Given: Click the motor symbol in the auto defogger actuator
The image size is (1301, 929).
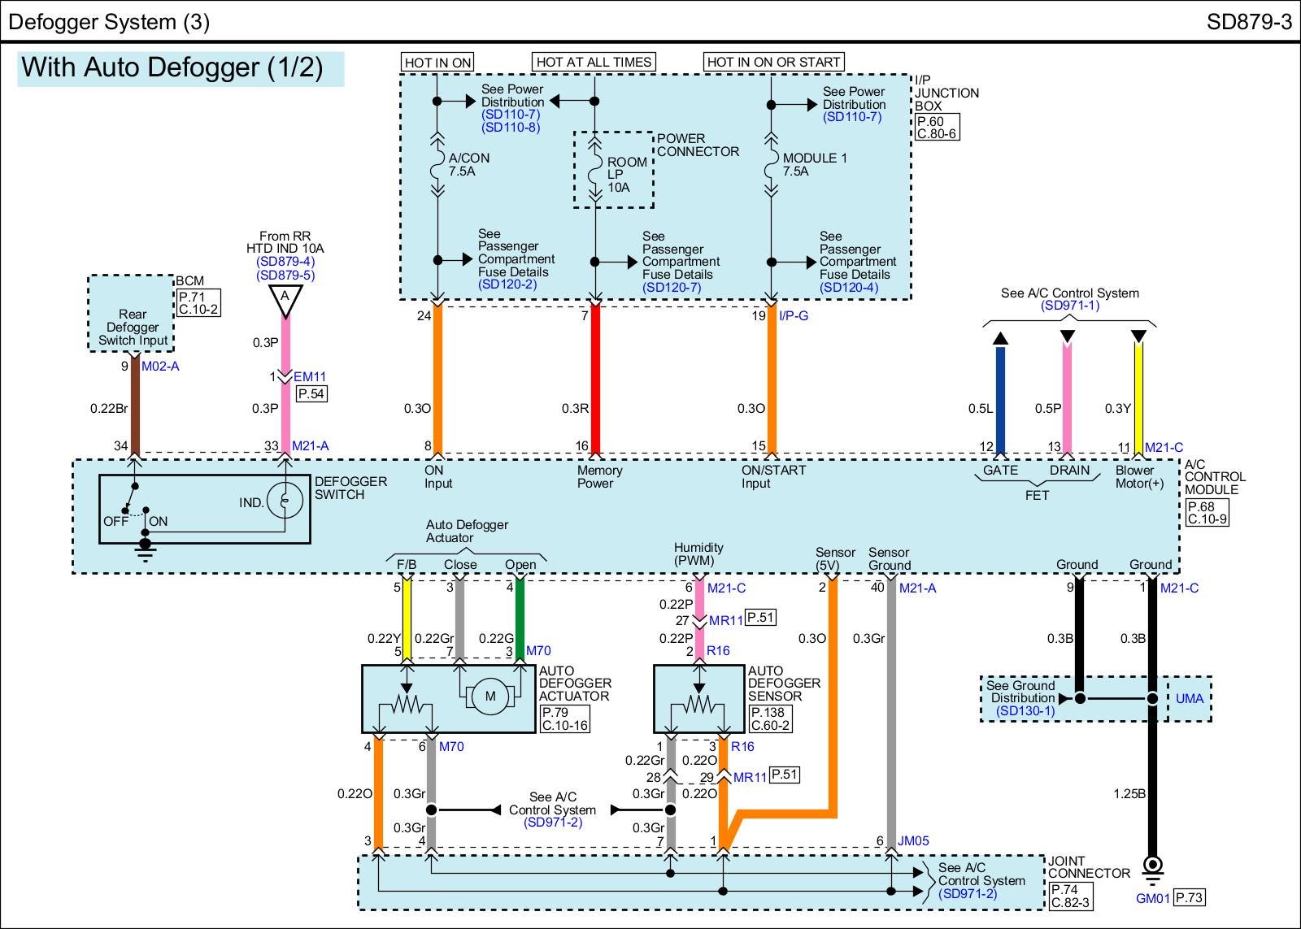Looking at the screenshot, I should tap(490, 697).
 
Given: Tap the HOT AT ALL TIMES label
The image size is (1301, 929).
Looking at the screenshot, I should tap(594, 62).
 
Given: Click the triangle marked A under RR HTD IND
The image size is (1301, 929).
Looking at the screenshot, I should tap(285, 298).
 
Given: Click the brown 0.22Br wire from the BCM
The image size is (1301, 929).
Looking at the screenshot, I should tap(135, 406).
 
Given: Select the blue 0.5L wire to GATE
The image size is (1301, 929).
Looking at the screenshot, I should tap(1000, 398).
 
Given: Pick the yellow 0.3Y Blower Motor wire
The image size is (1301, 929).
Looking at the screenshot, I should tap(1138, 398).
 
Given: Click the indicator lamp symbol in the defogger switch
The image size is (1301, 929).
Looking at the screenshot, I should tap(285, 501).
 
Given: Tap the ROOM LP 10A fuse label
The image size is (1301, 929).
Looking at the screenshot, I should tap(627, 175).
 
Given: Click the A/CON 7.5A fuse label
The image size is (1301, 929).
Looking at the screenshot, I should tap(469, 165).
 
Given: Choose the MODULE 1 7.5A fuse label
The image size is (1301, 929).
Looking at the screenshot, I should tap(814, 165).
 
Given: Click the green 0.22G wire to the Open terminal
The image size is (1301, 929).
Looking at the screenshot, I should tap(520, 618).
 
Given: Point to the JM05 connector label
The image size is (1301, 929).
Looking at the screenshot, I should tap(913, 841).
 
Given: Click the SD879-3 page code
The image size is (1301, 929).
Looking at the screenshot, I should tap(1248, 22).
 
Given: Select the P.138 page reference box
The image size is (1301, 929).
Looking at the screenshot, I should tap(768, 713).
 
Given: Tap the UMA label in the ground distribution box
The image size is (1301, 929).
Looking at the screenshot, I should tap(1189, 698).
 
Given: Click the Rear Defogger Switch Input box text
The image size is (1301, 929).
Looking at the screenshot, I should tap(133, 327).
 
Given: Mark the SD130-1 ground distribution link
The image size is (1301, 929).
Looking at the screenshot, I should tap(1025, 711).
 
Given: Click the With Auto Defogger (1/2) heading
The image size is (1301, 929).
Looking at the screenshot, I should tap(172, 67).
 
